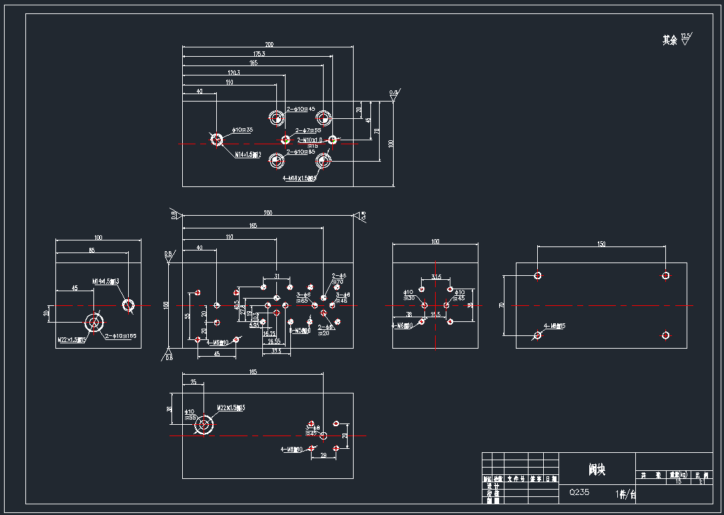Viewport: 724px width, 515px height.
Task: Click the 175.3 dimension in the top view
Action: coord(259,53)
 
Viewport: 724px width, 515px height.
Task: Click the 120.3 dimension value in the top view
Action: coord(234,72)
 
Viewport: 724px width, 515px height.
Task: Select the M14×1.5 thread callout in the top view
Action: coord(247,154)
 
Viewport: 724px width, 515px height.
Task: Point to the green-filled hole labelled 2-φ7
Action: coord(286,140)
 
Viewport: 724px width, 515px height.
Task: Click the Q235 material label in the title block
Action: coord(579,492)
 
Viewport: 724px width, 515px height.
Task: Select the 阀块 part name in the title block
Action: coord(597,470)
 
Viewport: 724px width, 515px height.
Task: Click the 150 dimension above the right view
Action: coord(601,244)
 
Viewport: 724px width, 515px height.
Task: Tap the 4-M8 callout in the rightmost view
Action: coord(555,326)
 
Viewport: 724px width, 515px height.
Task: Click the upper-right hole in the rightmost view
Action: coord(665,275)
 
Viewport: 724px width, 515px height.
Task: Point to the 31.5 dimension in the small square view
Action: coord(436,276)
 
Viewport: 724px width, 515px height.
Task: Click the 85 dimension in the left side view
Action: coord(91,250)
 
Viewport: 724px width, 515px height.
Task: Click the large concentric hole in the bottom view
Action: coord(204,424)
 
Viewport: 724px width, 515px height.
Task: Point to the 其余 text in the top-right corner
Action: coord(669,41)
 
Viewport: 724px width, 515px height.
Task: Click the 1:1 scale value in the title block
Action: coord(701,481)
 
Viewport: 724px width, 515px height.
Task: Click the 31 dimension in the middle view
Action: coord(277,275)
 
